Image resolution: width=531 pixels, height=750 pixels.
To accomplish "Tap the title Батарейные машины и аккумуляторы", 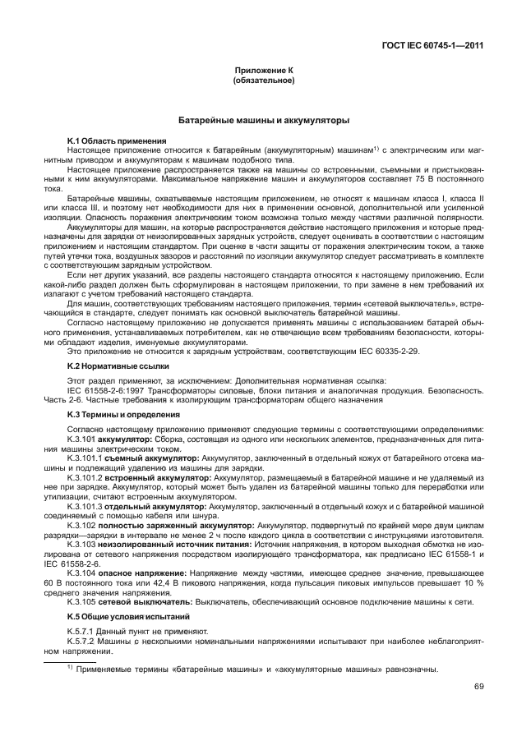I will (265, 121).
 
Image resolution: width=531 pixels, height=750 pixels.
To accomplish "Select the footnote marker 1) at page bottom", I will (71, 666).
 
